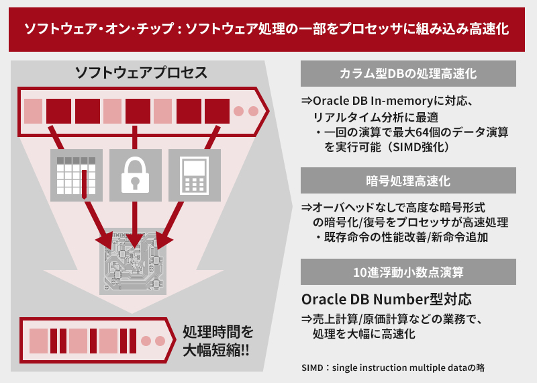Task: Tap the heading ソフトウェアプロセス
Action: [x=141, y=73]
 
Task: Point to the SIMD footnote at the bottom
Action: [x=393, y=368]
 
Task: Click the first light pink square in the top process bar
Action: [x=34, y=110]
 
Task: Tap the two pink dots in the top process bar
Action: [x=245, y=110]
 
